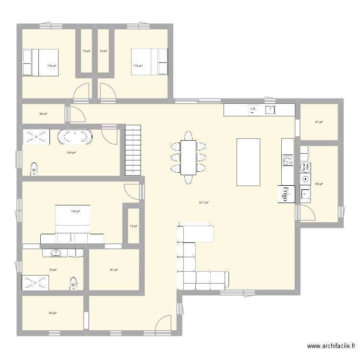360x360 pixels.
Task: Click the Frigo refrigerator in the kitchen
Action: pos(286,194)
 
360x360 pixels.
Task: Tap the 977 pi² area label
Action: pos(203,203)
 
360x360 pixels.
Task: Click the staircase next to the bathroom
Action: pos(134,149)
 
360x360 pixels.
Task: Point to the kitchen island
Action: pos(248,162)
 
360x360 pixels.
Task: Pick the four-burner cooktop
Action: pos(288,160)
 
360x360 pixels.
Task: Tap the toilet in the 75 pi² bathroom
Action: pos(73,285)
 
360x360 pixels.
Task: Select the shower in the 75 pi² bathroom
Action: pos(34,283)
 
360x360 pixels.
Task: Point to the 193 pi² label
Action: pos(75,211)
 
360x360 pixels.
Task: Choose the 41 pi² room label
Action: pos(319,122)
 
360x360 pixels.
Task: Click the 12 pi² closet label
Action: pos(133,226)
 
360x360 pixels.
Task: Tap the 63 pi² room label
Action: pos(52,313)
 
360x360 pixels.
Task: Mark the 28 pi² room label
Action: pos(43,114)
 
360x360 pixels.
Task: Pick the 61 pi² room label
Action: pos(114,270)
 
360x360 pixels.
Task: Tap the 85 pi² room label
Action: pos(319,184)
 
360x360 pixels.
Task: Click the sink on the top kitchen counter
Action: pos(270,110)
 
